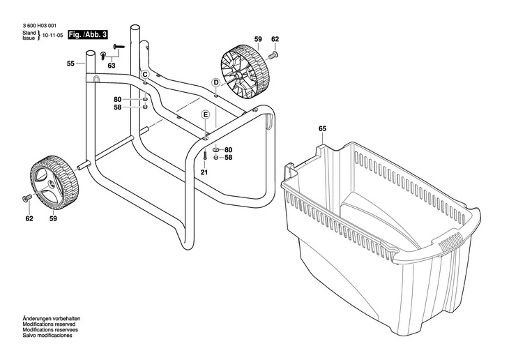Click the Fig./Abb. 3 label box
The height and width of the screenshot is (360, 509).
coord(88,34)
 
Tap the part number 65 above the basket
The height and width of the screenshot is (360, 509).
coord(322,128)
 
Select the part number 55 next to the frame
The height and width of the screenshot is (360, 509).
coord(70,63)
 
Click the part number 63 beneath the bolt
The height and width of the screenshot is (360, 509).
coord(111,66)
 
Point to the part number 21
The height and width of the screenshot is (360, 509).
coord(204,172)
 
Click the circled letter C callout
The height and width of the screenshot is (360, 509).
coord(146,74)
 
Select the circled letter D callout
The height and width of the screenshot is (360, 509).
coord(216,82)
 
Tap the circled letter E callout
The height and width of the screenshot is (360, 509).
coord(205,114)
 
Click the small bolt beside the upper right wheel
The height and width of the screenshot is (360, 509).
coord(274,54)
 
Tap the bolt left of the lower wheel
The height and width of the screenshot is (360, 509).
coord(28,198)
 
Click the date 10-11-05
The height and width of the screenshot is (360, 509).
coord(52,34)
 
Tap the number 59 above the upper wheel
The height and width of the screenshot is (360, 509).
coord(258,39)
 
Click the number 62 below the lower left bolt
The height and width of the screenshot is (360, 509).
coord(29,218)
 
